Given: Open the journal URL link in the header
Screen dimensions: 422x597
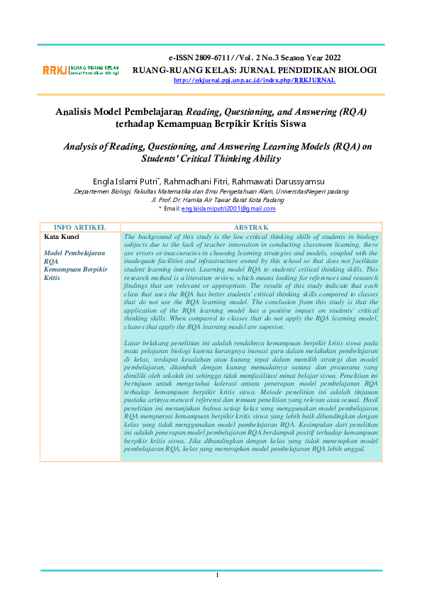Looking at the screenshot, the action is (x=255, y=80).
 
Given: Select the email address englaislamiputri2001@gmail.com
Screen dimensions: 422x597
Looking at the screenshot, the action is (x=228, y=208).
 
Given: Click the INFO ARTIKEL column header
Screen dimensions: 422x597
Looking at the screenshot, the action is (x=80, y=228).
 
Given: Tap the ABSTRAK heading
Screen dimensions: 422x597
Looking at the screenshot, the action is (x=251, y=228).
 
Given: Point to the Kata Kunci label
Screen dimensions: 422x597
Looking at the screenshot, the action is (x=62, y=236).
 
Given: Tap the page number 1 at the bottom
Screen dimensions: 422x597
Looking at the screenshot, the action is (x=217, y=574).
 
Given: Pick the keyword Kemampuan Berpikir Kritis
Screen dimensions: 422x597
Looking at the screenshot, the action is (x=75, y=274).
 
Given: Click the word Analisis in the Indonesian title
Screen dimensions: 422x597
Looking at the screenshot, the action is (x=77, y=111).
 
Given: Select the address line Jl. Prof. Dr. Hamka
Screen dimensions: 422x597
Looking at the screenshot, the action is (x=211, y=200).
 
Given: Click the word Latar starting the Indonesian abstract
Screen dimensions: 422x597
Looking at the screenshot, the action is (x=132, y=344).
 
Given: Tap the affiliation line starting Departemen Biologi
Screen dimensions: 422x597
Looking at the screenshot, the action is (x=211, y=191).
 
